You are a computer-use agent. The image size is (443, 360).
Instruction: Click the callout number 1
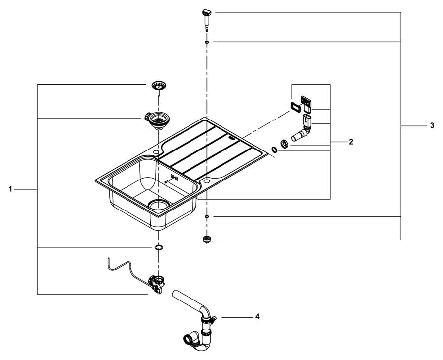(x=10, y=189)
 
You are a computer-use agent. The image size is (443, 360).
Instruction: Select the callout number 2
(x=351, y=142)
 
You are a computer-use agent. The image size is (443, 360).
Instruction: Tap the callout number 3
(x=432, y=125)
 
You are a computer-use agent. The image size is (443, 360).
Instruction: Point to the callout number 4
(x=257, y=317)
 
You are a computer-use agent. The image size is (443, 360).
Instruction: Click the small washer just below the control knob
(x=207, y=42)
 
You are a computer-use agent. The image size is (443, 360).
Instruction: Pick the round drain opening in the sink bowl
(x=159, y=205)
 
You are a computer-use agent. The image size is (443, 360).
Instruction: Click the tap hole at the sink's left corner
(x=156, y=152)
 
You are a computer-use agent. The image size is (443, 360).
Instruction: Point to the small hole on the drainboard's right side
(x=206, y=180)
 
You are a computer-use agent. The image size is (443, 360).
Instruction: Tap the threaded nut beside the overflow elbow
(x=284, y=144)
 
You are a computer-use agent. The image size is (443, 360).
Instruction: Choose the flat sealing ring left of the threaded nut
(x=274, y=150)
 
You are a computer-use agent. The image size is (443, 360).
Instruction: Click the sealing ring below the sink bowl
(x=159, y=248)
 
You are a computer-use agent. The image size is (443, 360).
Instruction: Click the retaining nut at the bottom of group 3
(x=207, y=240)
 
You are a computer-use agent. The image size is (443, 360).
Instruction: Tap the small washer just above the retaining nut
(x=207, y=216)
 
